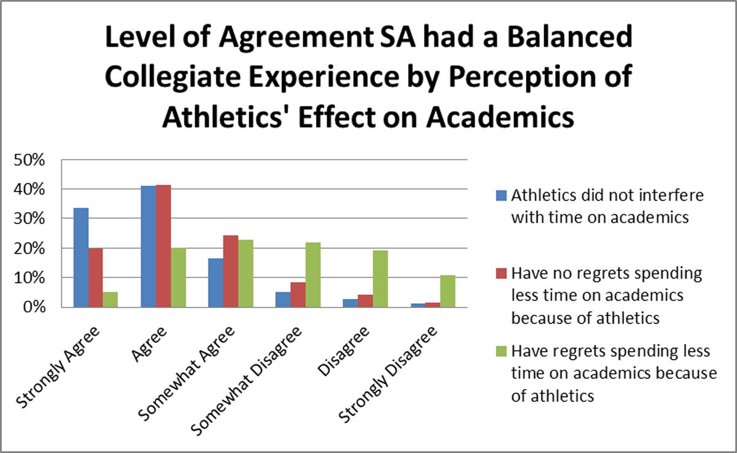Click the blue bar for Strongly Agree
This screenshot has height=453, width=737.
coord(81,258)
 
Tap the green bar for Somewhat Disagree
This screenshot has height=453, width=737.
coord(313,275)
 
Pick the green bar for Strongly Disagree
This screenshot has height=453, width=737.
coord(448,292)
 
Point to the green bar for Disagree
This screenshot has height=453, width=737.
coord(380,279)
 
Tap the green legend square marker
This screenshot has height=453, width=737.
coord(501,352)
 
